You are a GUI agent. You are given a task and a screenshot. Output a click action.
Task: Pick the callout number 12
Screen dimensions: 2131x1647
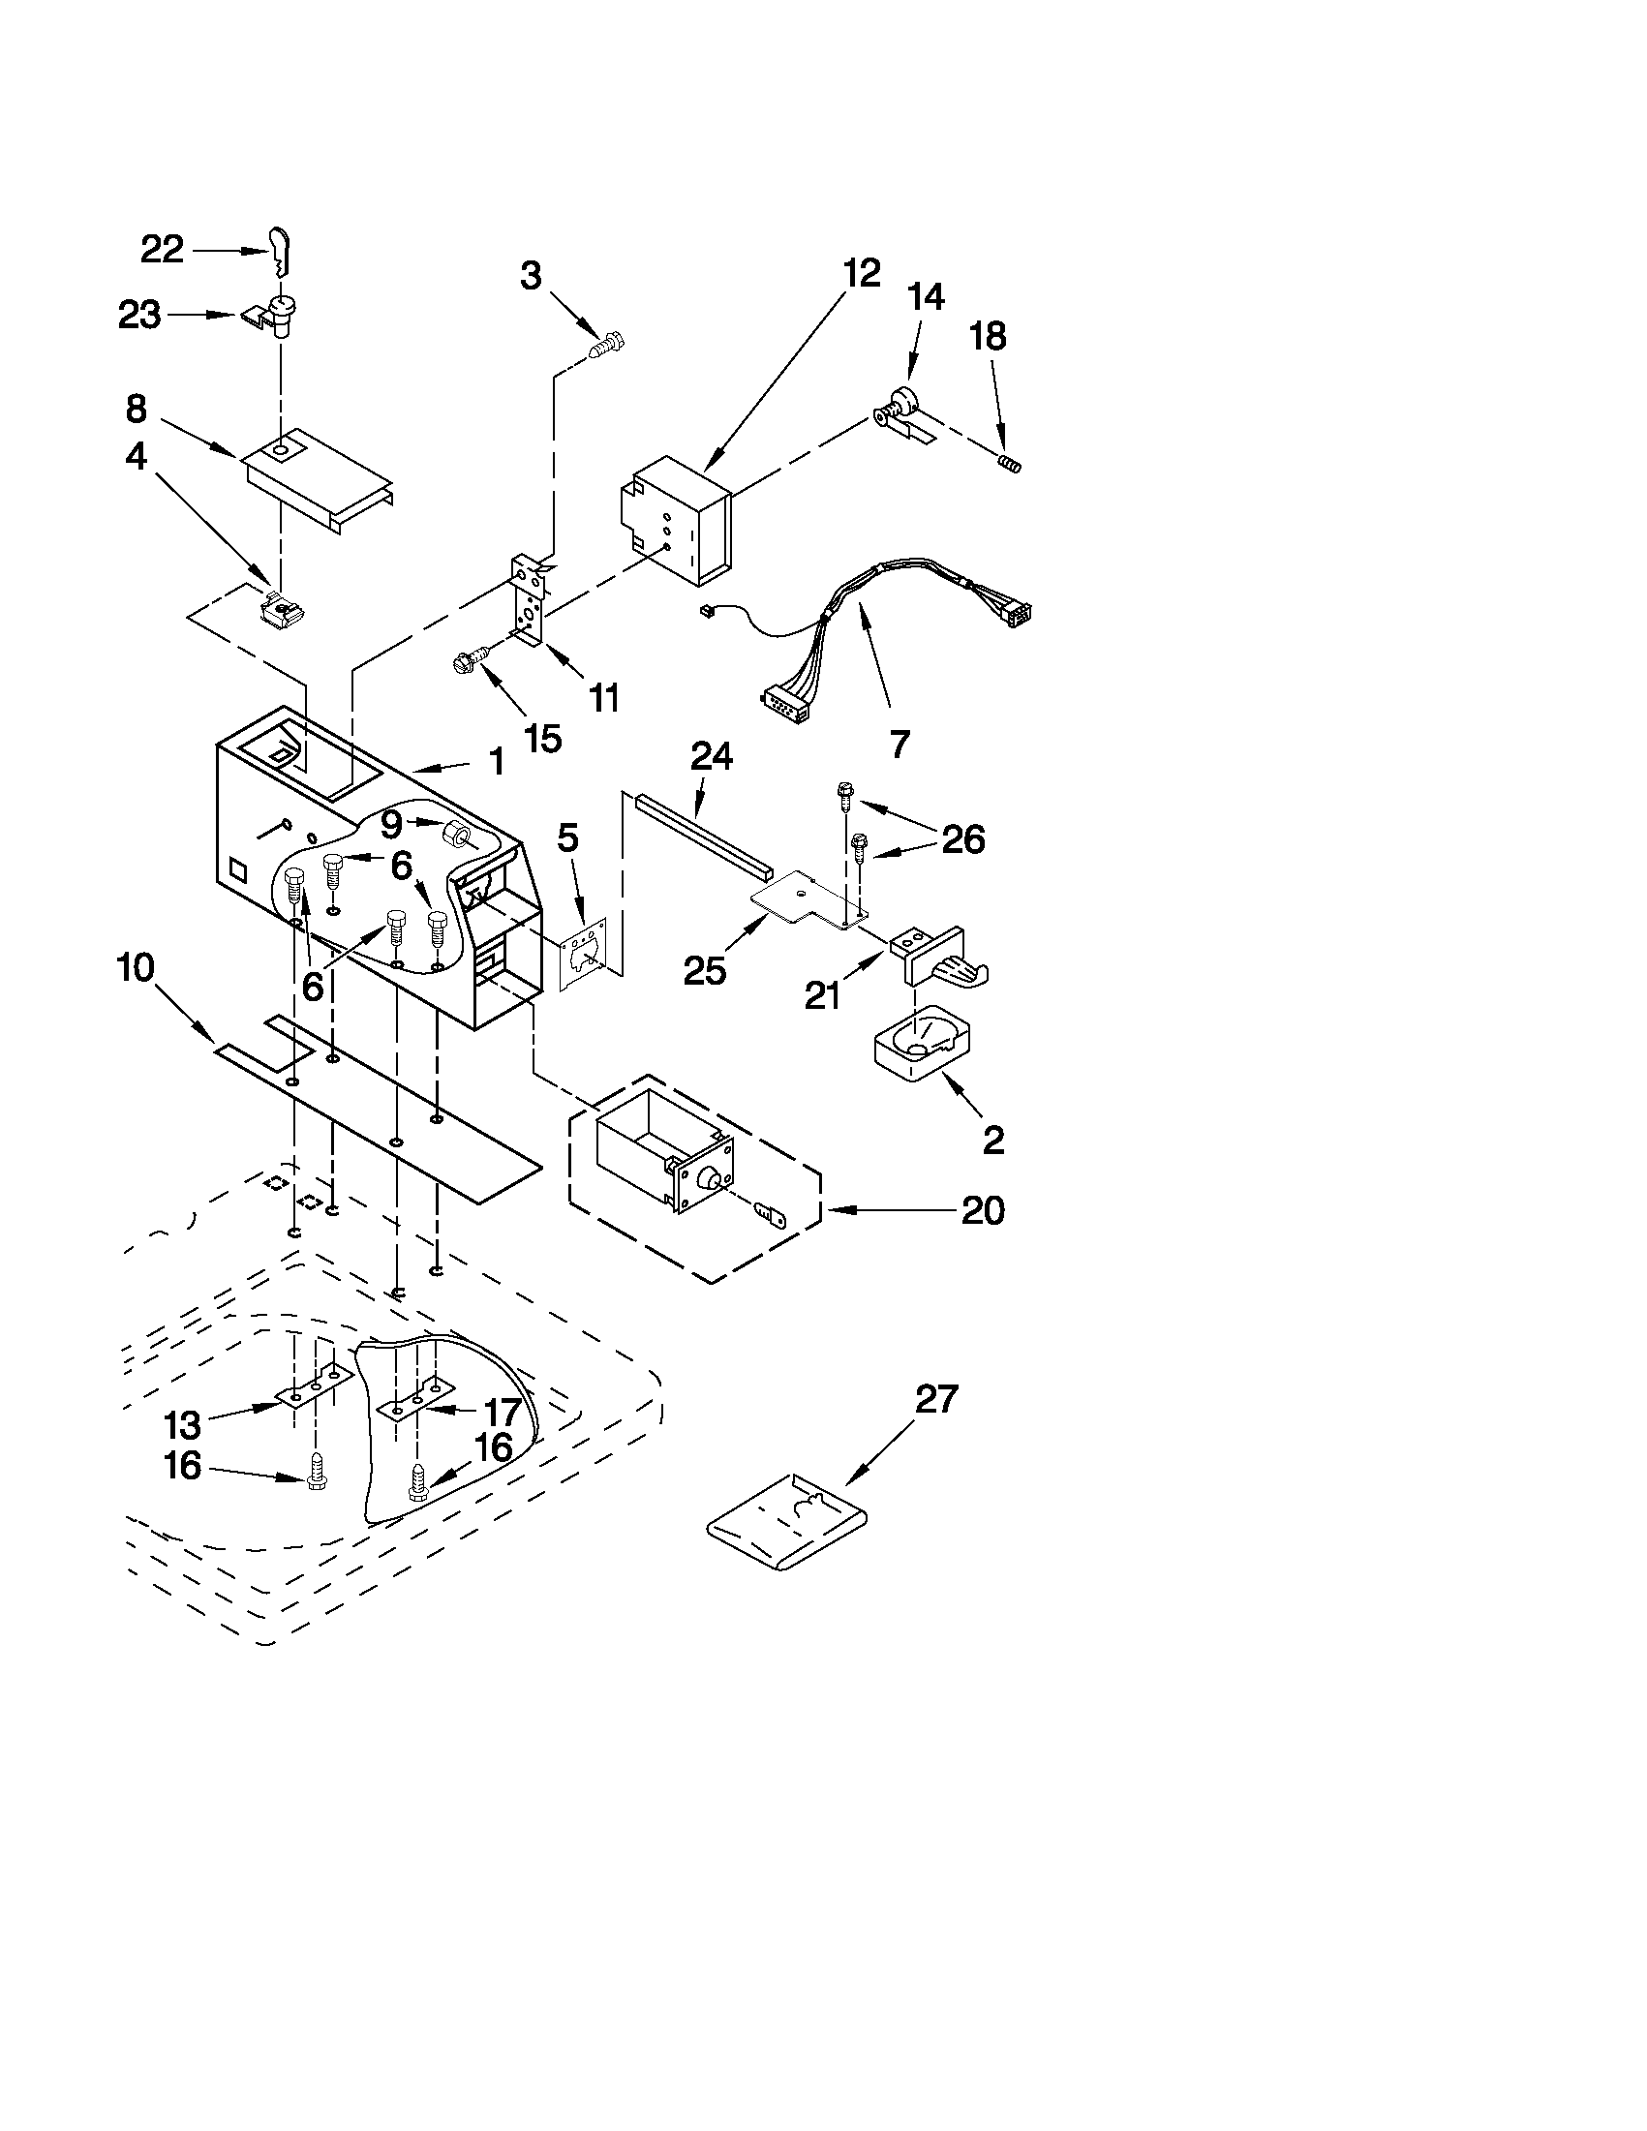pos(861,273)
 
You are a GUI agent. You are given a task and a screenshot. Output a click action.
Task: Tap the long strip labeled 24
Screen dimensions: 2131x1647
pos(700,834)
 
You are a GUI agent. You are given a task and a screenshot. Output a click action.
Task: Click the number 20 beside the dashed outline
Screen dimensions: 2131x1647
pos(983,1210)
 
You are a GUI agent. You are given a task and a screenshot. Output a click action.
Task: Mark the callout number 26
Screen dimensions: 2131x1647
pos(962,838)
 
